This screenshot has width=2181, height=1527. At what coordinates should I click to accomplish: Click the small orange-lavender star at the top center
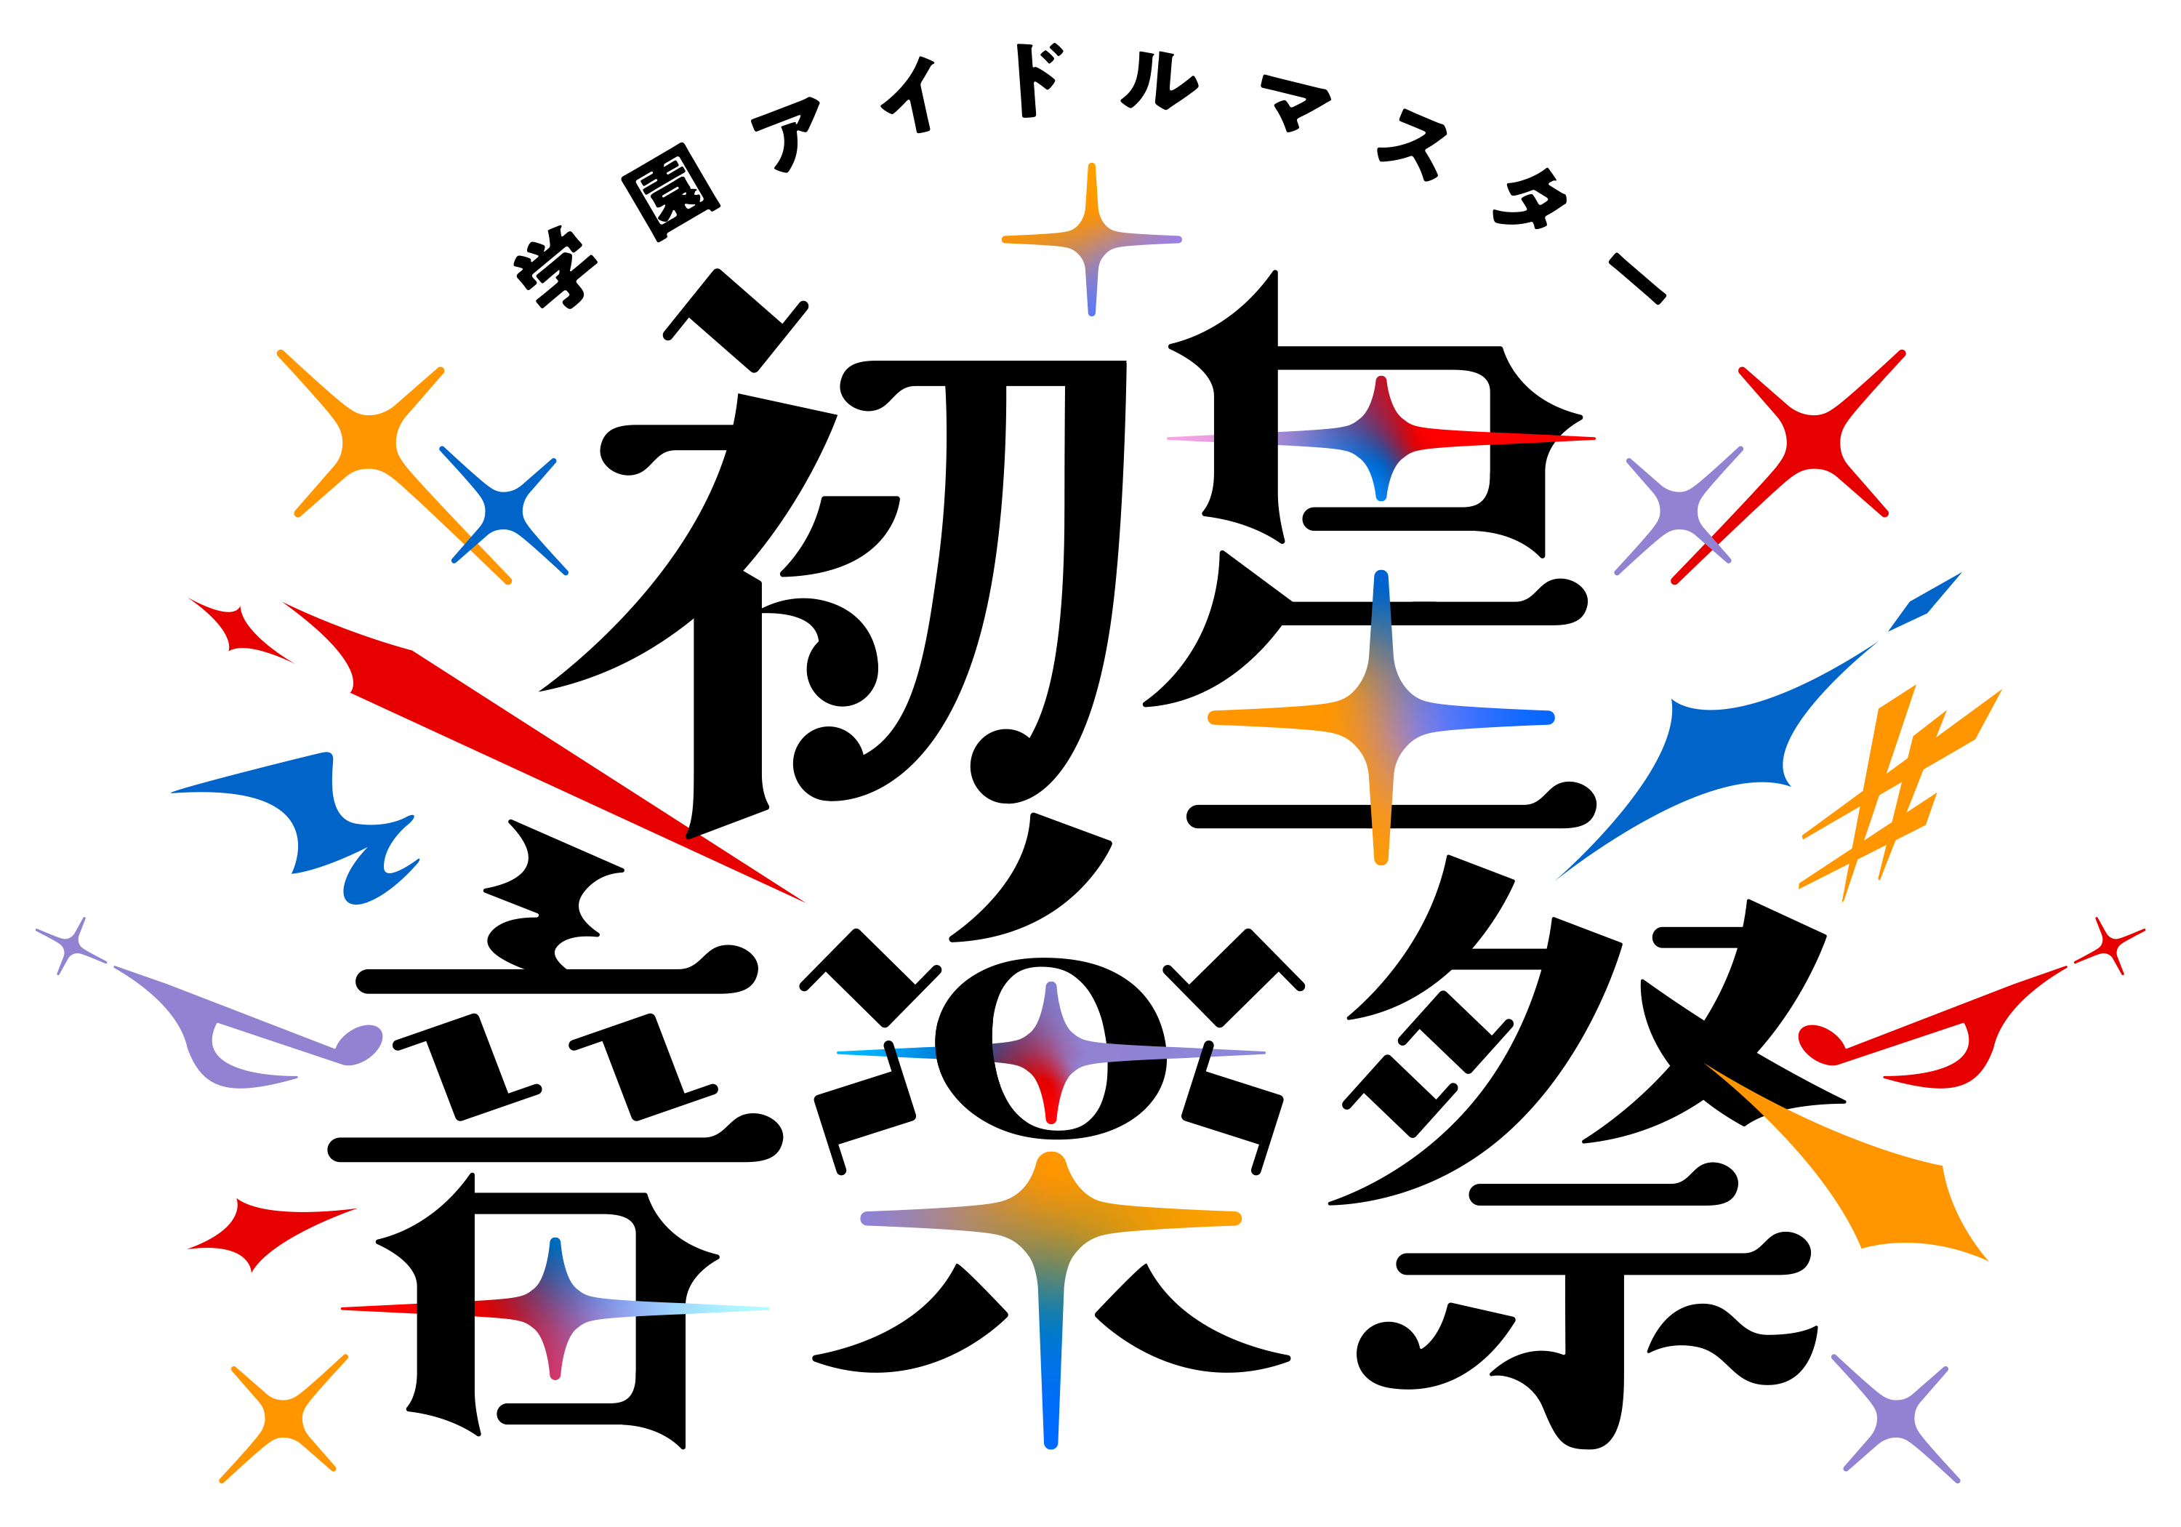tap(1091, 239)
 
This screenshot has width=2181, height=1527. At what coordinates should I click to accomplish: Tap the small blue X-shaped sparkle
tap(505, 512)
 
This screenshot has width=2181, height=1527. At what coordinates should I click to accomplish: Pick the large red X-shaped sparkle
tap(1812, 442)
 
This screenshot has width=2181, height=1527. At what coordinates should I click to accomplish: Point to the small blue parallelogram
tap(1923, 604)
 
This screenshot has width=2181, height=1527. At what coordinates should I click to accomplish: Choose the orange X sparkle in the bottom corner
tap(283, 1419)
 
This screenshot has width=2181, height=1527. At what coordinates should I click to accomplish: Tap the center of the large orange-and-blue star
tap(1381, 718)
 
